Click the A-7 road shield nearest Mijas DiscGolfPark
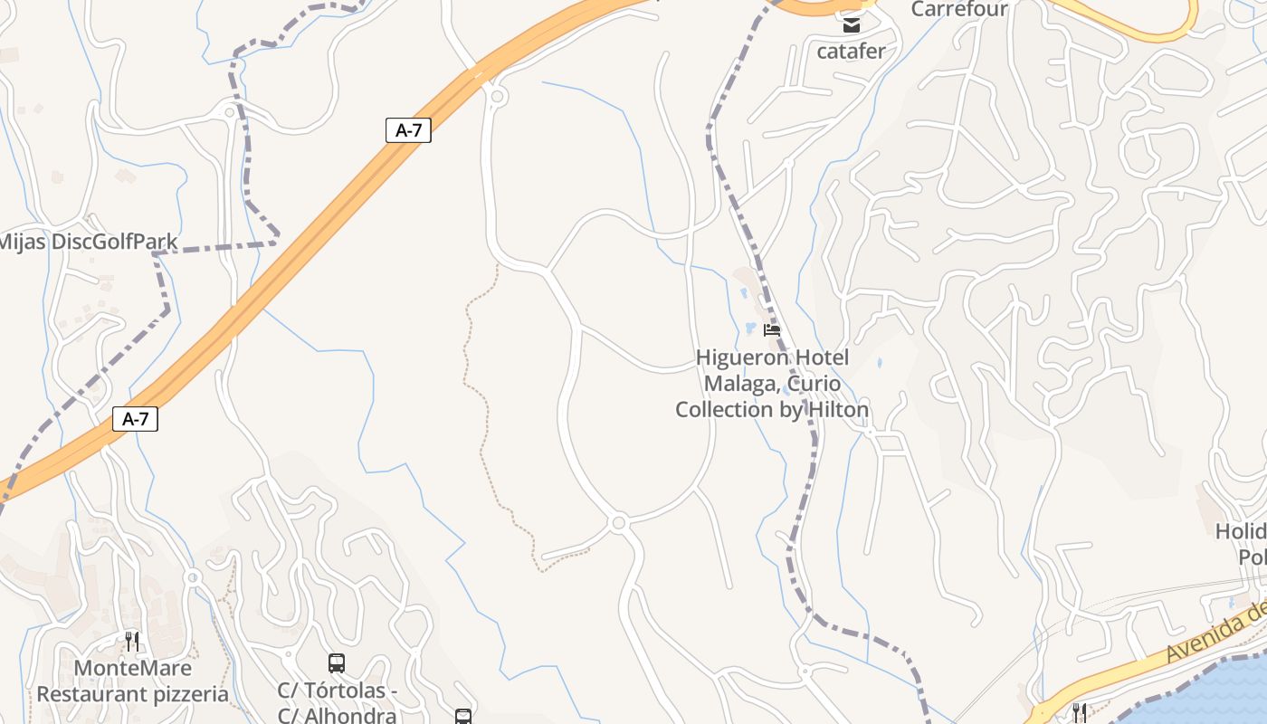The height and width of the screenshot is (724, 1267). click(408, 130)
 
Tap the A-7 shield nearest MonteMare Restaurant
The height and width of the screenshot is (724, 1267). click(135, 419)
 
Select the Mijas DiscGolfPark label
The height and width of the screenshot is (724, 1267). click(88, 242)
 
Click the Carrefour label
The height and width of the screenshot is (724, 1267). click(959, 9)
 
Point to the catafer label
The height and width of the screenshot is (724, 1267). click(851, 51)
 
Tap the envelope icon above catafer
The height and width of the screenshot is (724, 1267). click(852, 25)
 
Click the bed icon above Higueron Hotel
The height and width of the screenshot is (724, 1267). click(772, 330)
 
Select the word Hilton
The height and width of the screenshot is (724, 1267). click(834, 410)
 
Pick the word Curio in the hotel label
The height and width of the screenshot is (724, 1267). click(817, 384)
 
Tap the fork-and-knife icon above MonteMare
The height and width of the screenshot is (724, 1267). click(132, 642)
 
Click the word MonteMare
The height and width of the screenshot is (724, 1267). click(132, 669)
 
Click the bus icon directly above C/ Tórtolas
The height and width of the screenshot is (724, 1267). click(337, 663)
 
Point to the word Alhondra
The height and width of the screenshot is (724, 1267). click(353, 716)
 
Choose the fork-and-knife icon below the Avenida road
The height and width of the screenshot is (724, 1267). click(1078, 711)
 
